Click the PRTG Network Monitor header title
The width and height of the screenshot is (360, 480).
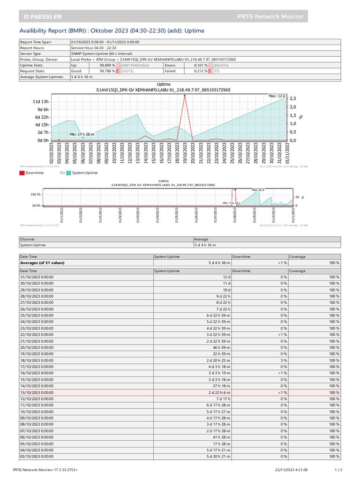270,16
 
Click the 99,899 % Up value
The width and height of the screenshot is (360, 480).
107,65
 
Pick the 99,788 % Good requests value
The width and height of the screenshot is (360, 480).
107,71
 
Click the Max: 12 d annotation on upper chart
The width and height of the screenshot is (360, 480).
277,96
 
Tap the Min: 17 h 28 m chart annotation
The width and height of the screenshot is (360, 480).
82,134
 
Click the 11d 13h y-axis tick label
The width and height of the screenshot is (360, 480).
40,101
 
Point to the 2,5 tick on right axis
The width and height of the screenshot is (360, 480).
293,98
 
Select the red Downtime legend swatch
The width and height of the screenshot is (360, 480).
22,173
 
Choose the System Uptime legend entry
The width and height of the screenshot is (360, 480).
85,173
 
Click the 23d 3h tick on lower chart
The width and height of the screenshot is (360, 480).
36,194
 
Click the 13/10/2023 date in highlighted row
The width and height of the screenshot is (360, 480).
37,392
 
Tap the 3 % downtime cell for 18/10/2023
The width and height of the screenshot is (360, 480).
284,360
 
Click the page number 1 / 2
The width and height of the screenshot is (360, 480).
338,469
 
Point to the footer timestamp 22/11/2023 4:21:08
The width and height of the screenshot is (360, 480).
291,469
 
